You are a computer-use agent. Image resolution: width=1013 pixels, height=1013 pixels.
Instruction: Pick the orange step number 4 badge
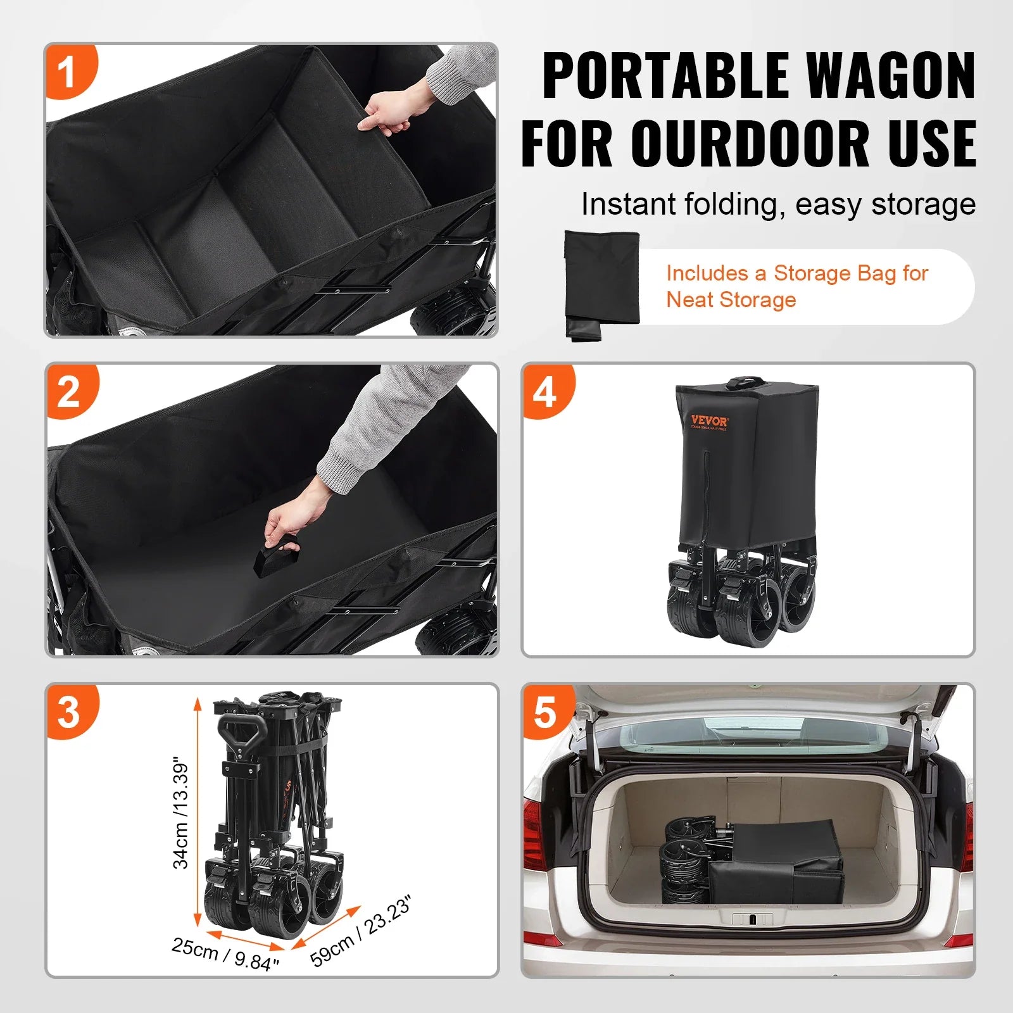tap(545, 391)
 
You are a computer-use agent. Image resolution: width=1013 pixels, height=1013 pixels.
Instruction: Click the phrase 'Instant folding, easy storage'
tap(778, 204)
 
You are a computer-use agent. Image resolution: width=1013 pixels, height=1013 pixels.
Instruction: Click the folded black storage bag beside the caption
tap(601, 284)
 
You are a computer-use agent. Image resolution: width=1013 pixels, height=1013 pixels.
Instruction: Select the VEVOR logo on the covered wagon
tap(709, 421)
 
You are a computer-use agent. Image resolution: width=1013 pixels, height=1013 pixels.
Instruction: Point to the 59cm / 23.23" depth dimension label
tap(361, 931)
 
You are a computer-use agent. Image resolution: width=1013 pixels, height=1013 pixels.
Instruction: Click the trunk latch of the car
tap(752, 919)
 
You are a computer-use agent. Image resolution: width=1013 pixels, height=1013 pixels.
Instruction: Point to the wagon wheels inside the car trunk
tap(688, 858)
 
